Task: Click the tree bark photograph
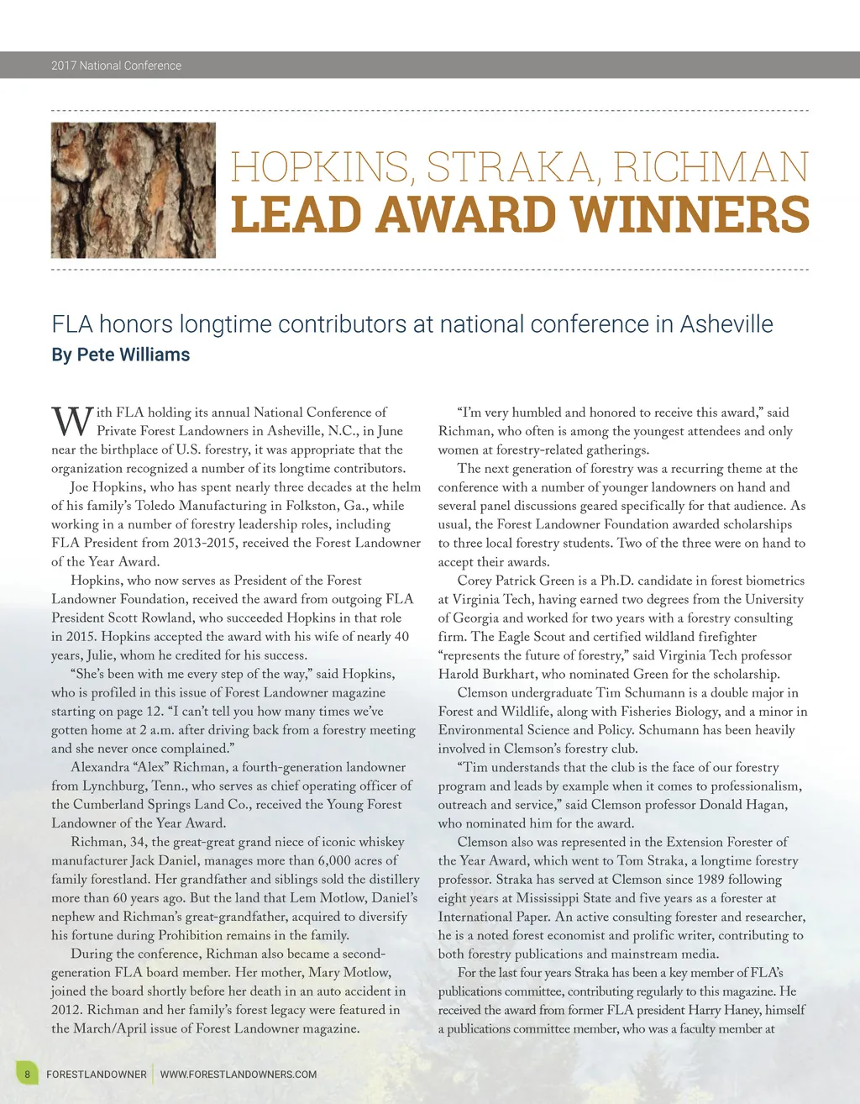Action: point(134,190)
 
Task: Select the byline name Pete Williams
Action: point(134,355)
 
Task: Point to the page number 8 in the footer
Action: point(27,1074)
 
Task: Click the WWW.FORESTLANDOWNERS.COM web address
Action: point(239,1074)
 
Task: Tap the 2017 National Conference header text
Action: point(116,66)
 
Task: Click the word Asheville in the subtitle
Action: point(726,324)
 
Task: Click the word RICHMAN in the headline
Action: point(711,166)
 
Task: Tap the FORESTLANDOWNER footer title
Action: point(96,1074)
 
